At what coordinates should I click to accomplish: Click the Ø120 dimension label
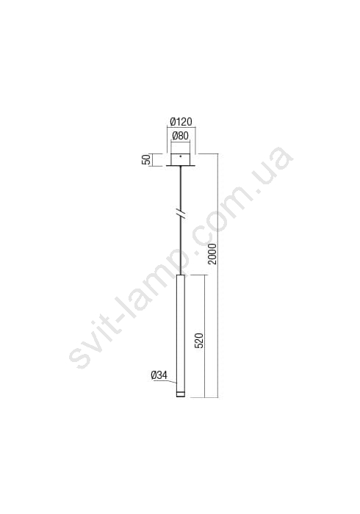(181, 122)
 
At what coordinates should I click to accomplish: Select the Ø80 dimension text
(180, 136)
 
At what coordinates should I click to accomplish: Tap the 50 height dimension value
(147, 159)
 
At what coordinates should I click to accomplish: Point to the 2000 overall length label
(212, 254)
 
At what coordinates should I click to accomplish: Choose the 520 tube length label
(199, 340)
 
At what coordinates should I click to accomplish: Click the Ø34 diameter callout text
(159, 375)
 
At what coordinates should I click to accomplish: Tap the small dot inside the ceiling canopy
(180, 156)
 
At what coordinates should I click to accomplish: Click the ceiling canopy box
(180, 159)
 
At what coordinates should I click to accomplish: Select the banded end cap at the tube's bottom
(181, 394)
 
